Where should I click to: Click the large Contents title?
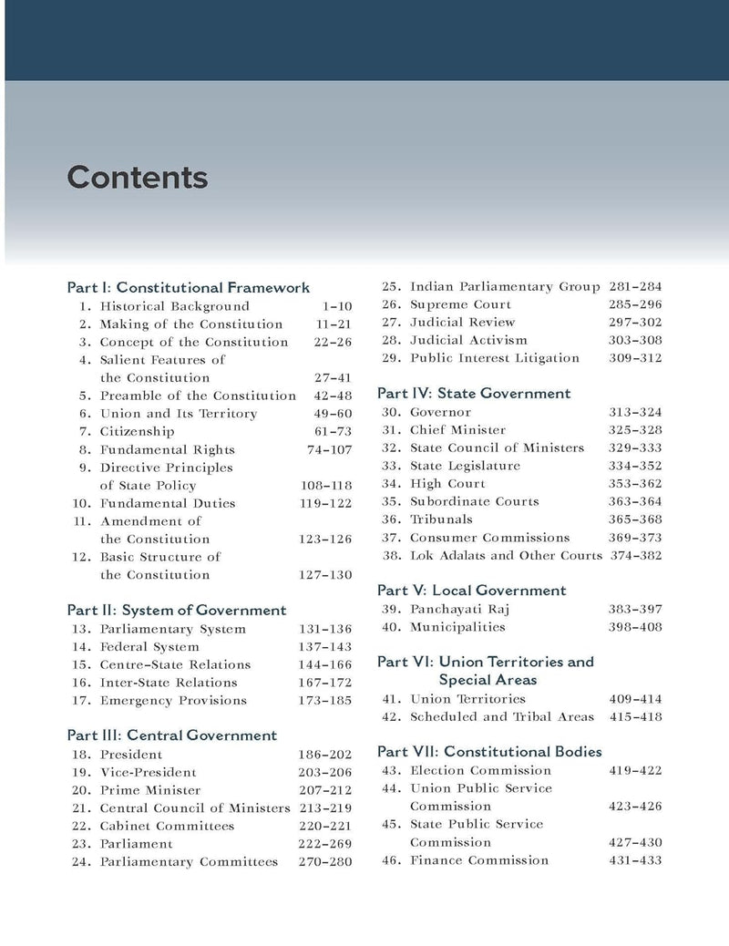tap(138, 178)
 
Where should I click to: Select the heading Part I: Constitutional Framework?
tap(189, 287)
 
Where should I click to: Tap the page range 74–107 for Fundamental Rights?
tap(329, 449)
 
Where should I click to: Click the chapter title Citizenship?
tap(137, 431)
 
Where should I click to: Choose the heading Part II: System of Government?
tap(177, 610)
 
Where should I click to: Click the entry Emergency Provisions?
tap(173, 700)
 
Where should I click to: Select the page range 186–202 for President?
tap(324, 755)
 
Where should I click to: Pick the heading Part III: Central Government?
tap(172, 735)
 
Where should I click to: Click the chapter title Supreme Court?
tap(460, 304)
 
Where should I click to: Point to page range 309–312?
tap(635, 358)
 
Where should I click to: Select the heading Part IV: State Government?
tap(474, 394)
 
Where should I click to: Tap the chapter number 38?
tap(391, 555)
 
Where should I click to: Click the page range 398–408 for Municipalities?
tap(635, 627)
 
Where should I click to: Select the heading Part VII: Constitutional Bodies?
tap(489, 752)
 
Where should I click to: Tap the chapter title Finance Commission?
tap(479, 860)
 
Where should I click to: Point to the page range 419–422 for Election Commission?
tap(635, 770)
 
